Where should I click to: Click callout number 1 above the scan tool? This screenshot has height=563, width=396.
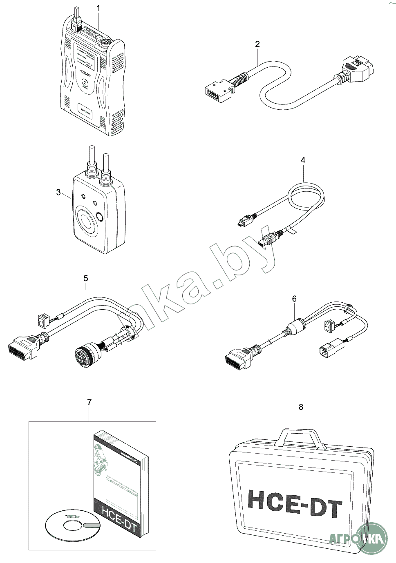pos(98,8)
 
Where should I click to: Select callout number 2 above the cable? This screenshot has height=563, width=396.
pos(257,44)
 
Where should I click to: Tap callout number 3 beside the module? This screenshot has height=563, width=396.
pos(59,192)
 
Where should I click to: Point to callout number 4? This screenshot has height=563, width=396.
pos(303,160)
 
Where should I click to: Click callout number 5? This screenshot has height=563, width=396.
pos(85,278)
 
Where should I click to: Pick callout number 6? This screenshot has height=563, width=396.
pos(294,299)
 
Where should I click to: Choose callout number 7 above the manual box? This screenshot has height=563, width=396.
pos(89,402)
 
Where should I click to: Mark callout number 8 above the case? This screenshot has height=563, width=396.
pos(301,407)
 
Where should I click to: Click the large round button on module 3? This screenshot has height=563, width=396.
pos(86,220)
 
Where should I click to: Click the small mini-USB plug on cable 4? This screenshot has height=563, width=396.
pos(243,221)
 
